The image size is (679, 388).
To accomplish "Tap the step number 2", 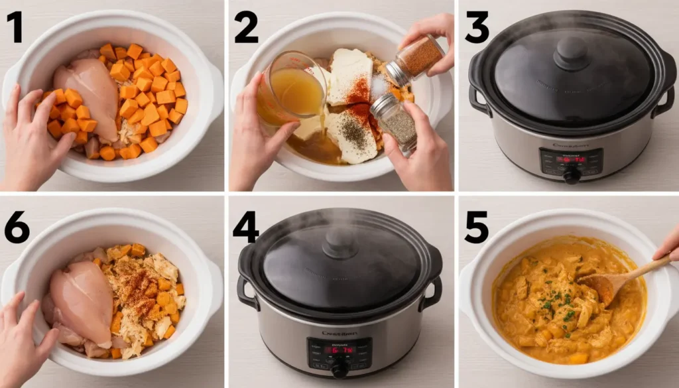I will click(x=246, y=28).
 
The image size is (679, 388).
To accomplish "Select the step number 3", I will click(x=477, y=28).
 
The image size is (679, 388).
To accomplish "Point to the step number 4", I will click(x=246, y=227).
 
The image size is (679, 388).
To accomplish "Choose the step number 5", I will click(x=477, y=227).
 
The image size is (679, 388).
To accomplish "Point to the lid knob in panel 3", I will click(x=571, y=52).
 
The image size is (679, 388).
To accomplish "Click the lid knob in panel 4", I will click(x=340, y=242).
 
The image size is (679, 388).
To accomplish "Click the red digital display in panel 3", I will click(x=571, y=159).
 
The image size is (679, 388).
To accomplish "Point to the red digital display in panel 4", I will click(x=339, y=350).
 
